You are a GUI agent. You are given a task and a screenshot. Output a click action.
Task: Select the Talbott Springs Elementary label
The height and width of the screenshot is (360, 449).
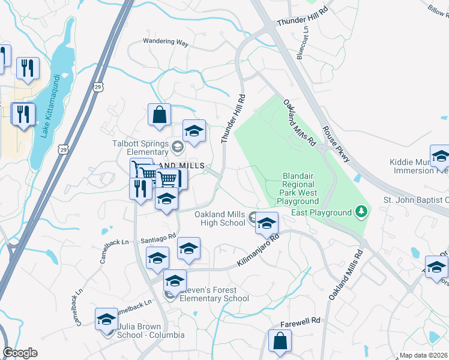[x=142, y=148]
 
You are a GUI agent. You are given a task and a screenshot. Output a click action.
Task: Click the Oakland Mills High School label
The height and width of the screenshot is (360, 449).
[x=220, y=219]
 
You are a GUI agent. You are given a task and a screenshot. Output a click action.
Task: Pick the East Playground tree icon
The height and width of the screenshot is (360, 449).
[x=361, y=212]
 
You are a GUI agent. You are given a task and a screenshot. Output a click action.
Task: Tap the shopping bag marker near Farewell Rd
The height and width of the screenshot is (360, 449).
[x=280, y=342]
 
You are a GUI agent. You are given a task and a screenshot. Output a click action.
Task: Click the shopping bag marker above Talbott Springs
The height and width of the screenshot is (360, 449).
[x=160, y=115]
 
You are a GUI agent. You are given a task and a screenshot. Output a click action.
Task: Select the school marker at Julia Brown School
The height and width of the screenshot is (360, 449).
[x=107, y=320]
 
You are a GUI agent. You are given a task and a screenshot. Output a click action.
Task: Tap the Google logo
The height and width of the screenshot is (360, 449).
[x=20, y=353]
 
